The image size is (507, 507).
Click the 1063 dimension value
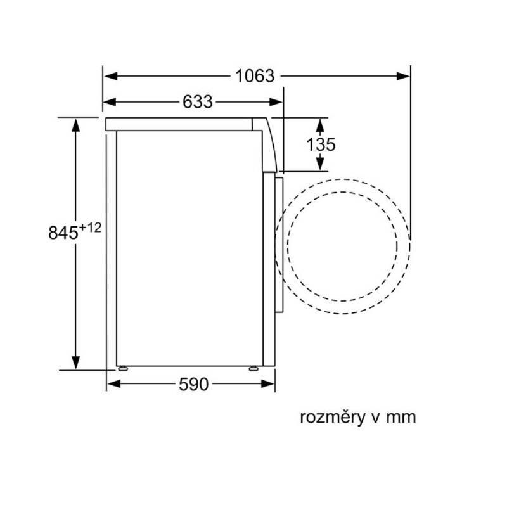point(255,76)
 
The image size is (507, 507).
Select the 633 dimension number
point(198,102)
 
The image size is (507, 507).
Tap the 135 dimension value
point(321,144)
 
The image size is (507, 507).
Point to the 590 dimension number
point(193,384)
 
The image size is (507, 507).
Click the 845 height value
point(63,233)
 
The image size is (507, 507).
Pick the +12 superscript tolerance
point(90,228)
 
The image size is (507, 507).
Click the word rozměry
point(332,417)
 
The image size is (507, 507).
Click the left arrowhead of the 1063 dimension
point(110,76)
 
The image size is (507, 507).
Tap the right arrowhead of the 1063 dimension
point(403,76)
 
